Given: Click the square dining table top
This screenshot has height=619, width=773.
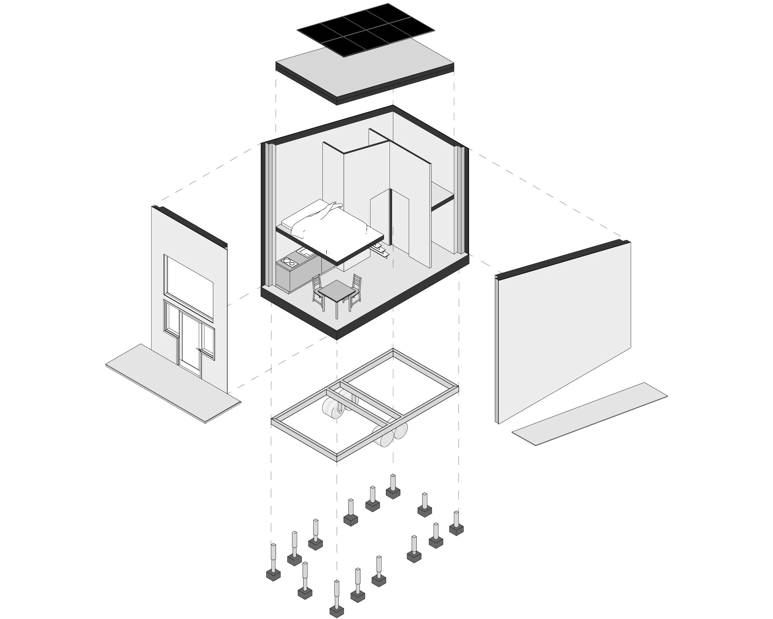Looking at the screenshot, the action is [x=336, y=290].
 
